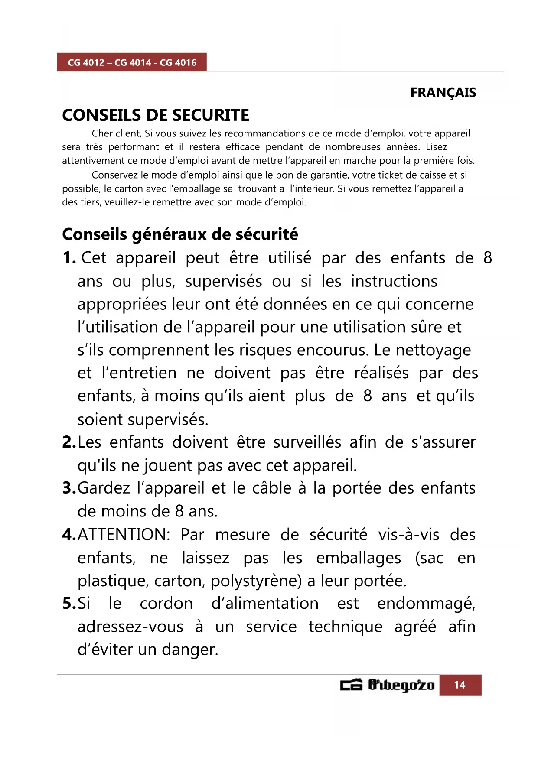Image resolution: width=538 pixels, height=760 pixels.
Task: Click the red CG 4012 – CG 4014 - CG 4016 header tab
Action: coord(132,62)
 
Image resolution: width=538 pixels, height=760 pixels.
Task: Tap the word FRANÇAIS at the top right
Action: coord(443,93)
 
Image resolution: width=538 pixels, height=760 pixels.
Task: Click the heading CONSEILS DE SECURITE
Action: coord(156,115)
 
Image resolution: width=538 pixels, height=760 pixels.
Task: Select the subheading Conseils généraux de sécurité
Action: coord(180,234)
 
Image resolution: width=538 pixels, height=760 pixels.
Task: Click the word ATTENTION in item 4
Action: coord(123,535)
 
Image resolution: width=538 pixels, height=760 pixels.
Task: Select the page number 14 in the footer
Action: coord(460,685)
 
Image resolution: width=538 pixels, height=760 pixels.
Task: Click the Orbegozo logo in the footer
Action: coord(387,685)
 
